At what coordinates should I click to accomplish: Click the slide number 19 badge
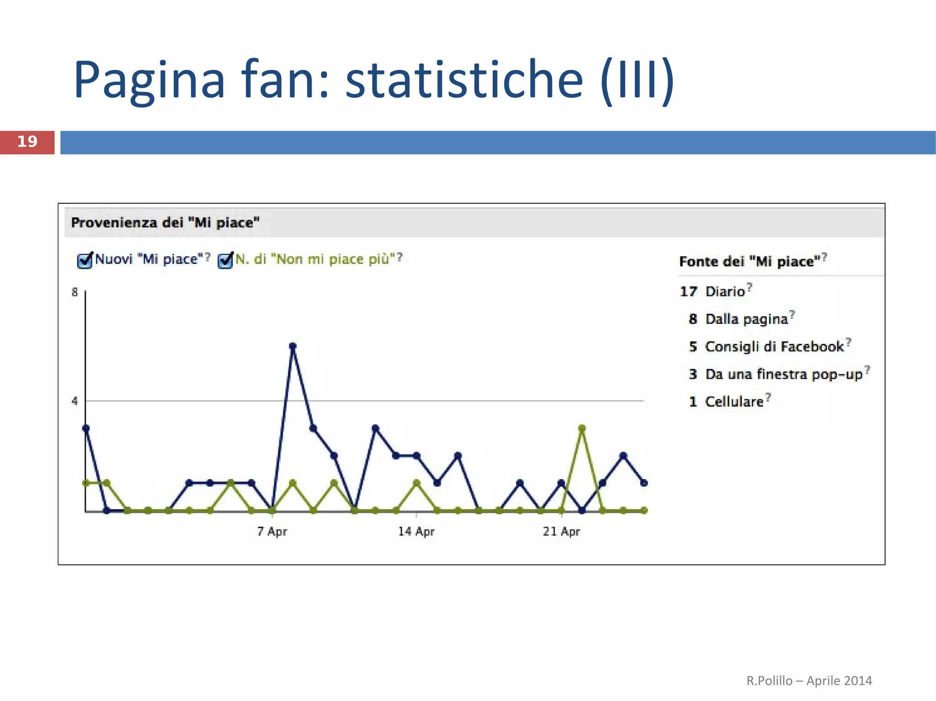point(27,142)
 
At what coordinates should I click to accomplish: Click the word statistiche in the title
point(464,80)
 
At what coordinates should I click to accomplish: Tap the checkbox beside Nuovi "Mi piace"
point(85,260)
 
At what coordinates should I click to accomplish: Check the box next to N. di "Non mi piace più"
point(225,260)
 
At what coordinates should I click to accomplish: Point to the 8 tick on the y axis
point(75,292)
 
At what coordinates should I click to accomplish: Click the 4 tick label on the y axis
point(75,401)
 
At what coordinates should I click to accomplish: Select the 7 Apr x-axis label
point(272,531)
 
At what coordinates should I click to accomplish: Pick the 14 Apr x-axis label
point(416,531)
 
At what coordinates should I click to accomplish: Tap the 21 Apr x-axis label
point(561,531)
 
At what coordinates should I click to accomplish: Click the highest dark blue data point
point(293,346)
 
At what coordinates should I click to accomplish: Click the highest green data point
point(582,428)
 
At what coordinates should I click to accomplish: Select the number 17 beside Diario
point(688,291)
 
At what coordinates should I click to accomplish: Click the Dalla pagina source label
point(747,319)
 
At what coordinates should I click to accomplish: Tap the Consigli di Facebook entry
point(774,347)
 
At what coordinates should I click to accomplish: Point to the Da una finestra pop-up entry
point(783,374)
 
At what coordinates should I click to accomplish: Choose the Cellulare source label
point(734,401)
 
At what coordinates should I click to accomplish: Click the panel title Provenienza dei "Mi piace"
point(165,223)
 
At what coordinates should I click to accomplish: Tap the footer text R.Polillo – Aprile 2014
point(809,680)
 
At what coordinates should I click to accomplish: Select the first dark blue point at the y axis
point(86,428)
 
